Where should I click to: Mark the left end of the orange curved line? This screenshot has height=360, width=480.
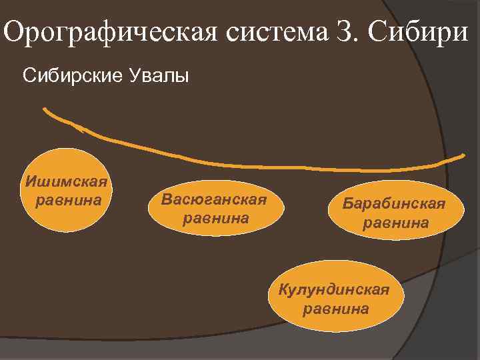pos(45,109)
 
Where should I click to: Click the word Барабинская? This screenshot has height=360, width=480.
pos(395,203)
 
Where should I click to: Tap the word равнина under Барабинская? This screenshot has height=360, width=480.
pos(395,223)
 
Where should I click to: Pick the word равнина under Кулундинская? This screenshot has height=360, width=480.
pos(335,309)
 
